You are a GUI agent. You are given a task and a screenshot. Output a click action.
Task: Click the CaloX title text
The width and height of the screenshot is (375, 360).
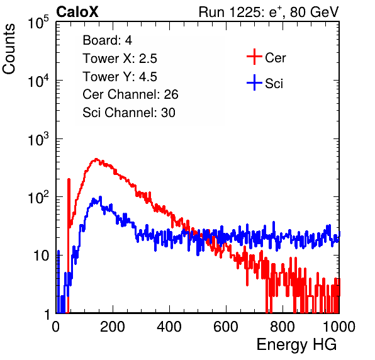[x=77, y=12]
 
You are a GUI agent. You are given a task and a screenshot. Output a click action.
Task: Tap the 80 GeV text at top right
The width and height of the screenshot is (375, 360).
[x=315, y=12]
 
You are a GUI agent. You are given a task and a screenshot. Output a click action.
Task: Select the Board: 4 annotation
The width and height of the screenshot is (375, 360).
[x=107, y=40]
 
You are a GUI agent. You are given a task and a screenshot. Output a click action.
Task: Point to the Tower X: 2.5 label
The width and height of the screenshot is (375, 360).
[x=120, y=59]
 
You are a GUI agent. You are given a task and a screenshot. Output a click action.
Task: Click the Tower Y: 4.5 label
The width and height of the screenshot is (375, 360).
[x=120, y=77]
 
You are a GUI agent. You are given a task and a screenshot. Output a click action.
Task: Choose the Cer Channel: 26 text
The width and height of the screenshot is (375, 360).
[x=130, y=94]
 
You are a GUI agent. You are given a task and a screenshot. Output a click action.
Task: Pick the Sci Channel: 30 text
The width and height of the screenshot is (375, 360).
[x=129, y=113]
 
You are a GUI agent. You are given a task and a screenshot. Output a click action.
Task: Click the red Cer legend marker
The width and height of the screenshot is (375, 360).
[x=254, y=57]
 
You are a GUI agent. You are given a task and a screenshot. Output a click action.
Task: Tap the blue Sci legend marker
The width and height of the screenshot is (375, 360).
[x=254, y=82]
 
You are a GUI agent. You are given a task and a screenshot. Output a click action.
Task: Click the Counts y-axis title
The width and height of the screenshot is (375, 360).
[x=9, y=49]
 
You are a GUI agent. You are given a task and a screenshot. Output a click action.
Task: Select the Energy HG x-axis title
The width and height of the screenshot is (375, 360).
[x=296, y=345]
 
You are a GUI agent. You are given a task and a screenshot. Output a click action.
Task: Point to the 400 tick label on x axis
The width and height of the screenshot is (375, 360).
[x=169, y=327]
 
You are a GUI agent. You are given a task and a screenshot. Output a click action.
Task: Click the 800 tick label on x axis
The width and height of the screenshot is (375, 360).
[x=283, y=327]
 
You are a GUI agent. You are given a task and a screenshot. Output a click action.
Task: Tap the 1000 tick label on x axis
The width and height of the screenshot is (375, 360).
[x=339, y=327]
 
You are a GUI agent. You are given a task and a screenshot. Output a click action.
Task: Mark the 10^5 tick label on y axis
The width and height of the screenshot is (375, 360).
[x=38, y=23]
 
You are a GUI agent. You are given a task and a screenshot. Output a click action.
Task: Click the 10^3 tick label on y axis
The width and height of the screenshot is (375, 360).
[x=38, y=140]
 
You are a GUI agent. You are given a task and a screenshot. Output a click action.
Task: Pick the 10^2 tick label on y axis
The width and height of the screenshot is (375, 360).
[x=38, y=198]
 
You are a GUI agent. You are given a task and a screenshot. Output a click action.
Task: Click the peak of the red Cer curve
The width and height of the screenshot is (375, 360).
[x=96, y=159]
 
